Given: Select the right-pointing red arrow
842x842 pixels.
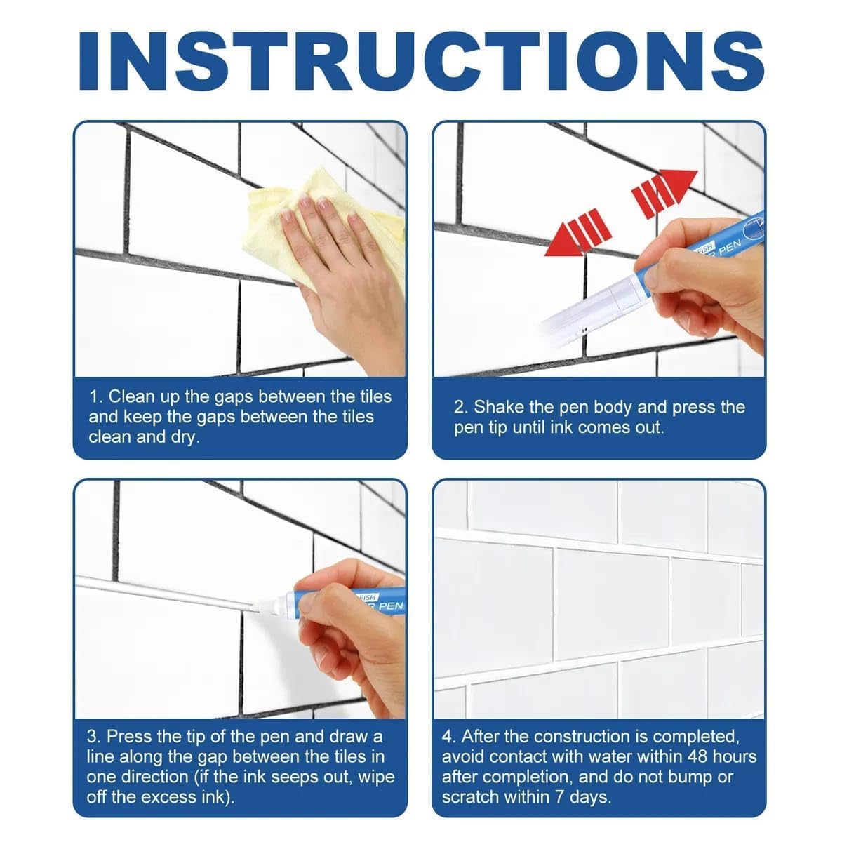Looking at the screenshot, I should point(663,189).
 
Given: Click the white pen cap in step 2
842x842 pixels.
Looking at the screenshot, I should point(589,309).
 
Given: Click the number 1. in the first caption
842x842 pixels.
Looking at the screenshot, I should point(96,397).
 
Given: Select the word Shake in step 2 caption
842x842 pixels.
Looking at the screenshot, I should point(497,408).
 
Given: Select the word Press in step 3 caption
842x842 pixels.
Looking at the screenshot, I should point(129,737).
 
